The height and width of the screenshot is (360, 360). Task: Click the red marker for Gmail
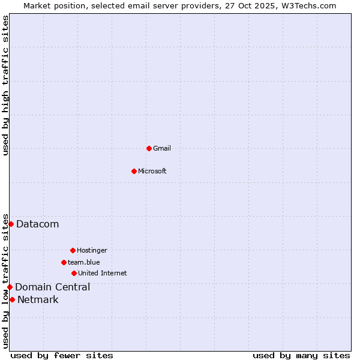click(149, 148)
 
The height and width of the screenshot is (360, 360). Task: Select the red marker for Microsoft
click(134, 171)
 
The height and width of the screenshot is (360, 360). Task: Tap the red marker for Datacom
click(11, 224)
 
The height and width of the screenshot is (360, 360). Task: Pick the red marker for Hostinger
click(73, 250)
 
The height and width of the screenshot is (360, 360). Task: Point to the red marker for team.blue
click(64, 262)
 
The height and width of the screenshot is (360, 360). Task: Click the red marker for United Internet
click(74, 273)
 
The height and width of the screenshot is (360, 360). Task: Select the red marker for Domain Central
click(10, 287)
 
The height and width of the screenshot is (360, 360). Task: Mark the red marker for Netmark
click(12, 299)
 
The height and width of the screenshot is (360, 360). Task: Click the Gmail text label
click(162, 148)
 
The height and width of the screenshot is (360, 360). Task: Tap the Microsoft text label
click(152, 171)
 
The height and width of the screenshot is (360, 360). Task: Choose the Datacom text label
click(38, 224)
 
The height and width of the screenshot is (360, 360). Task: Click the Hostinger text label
click(92, 250)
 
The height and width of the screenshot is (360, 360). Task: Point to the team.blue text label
click(84, 262)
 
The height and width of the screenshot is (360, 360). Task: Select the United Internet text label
click(103, 273)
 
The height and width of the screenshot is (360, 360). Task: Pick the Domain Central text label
click(53, 287)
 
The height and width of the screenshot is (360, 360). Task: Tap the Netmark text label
click(38, 299)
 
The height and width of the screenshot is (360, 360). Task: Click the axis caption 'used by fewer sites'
click(62, 355)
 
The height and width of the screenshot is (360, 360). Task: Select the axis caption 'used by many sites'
click(301, 355)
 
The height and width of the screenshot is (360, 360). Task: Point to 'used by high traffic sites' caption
click(6, 85)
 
